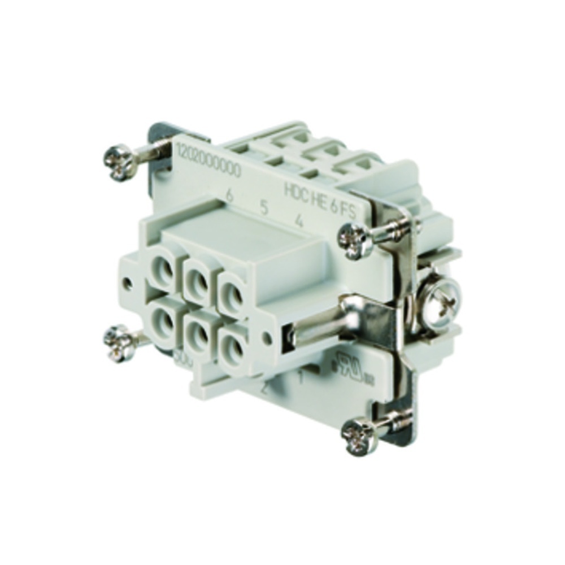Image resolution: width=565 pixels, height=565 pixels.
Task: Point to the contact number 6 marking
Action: (x=230, y=195)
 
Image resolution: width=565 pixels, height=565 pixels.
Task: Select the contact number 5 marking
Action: (x=264, y=207)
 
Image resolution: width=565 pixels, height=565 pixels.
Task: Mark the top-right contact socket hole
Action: (x=232, y=290)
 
